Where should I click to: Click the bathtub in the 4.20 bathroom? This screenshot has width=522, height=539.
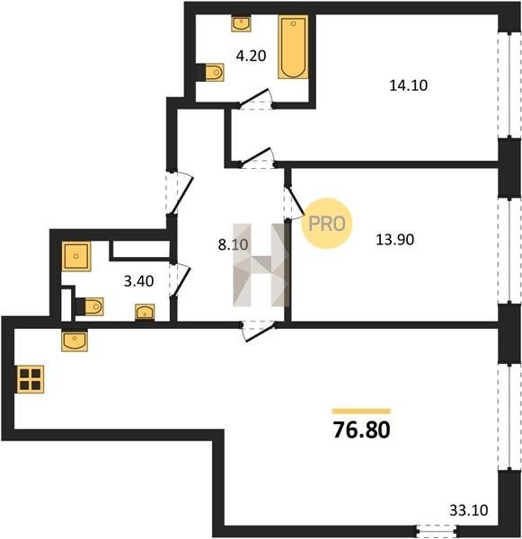(x=293, y=47)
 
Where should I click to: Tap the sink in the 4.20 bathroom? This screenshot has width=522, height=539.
(x=241, y=23)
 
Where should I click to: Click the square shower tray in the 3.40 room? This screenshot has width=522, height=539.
(x=76, y=256)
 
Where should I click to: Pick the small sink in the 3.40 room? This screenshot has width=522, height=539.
(x=145, y=312)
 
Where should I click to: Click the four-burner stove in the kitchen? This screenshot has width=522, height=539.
(x=30, y=379)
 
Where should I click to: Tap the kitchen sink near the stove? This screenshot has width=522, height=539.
(x=75, y=340)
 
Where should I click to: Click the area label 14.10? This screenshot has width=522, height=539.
(x=409, y=85)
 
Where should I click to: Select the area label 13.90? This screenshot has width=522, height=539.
(x=394, y=240)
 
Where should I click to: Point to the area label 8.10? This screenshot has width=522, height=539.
(x=233, y=244)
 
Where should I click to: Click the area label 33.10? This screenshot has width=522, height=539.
(x=469, y=510)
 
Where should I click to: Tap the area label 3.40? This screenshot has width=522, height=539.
(x=138, y=281)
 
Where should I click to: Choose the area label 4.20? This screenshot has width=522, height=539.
(x=251, y=56)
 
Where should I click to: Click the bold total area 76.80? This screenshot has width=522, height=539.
(x=362, y=430)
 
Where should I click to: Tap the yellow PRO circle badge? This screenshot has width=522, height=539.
(x=327, y=224)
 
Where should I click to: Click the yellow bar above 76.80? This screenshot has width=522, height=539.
(x=361, y=411)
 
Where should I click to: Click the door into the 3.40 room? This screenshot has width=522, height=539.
(x=180, y=279)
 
